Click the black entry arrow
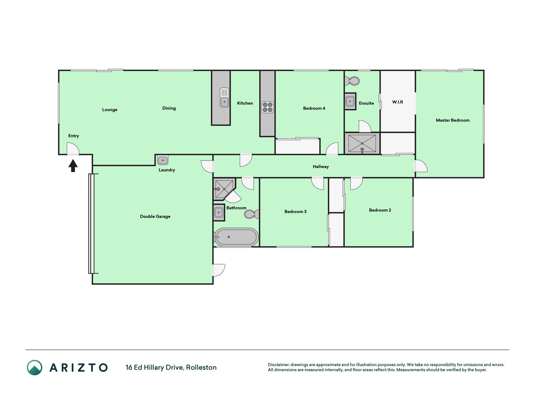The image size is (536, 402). click(x=73, y=166)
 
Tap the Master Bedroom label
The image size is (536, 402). click(x=452, y=120)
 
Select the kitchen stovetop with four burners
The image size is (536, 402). click(x=268, y=107)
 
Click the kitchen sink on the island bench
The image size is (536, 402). click(x=225, y=97)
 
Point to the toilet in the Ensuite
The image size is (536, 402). click(x=352, y=81)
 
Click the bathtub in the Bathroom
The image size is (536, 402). click(x=236, y=236)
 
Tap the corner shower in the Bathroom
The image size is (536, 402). click(x=224, y=189)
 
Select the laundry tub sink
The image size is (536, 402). click(x=163, y=160)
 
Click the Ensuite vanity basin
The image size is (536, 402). click(x=350, y=101)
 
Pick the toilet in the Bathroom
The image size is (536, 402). click(x=252, y=214)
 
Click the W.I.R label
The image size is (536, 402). click(x=398, y=102)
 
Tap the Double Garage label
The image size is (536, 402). click(x=155, y=216)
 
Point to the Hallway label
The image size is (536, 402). click(x=321, y=167)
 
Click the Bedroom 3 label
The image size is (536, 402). click(x=295, y=212)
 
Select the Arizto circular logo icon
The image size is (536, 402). click(x=35, y=367)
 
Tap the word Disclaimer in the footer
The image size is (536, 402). click(x=279, y=365)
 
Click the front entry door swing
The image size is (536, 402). click(x=73, y=149)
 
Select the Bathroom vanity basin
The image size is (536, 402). click(x=219, y=213)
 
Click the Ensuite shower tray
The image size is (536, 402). click(x=362, y=144)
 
